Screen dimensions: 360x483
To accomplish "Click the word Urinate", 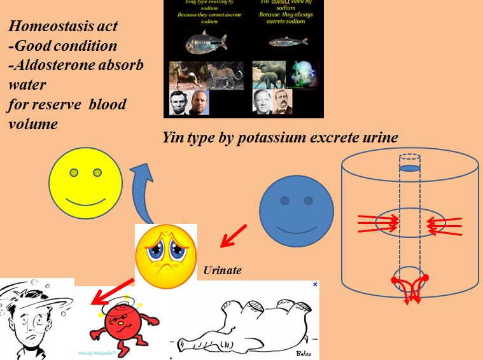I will [222, 270].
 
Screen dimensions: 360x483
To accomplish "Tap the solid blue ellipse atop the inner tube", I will [411, 169].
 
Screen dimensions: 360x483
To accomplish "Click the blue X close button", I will [315, 285].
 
